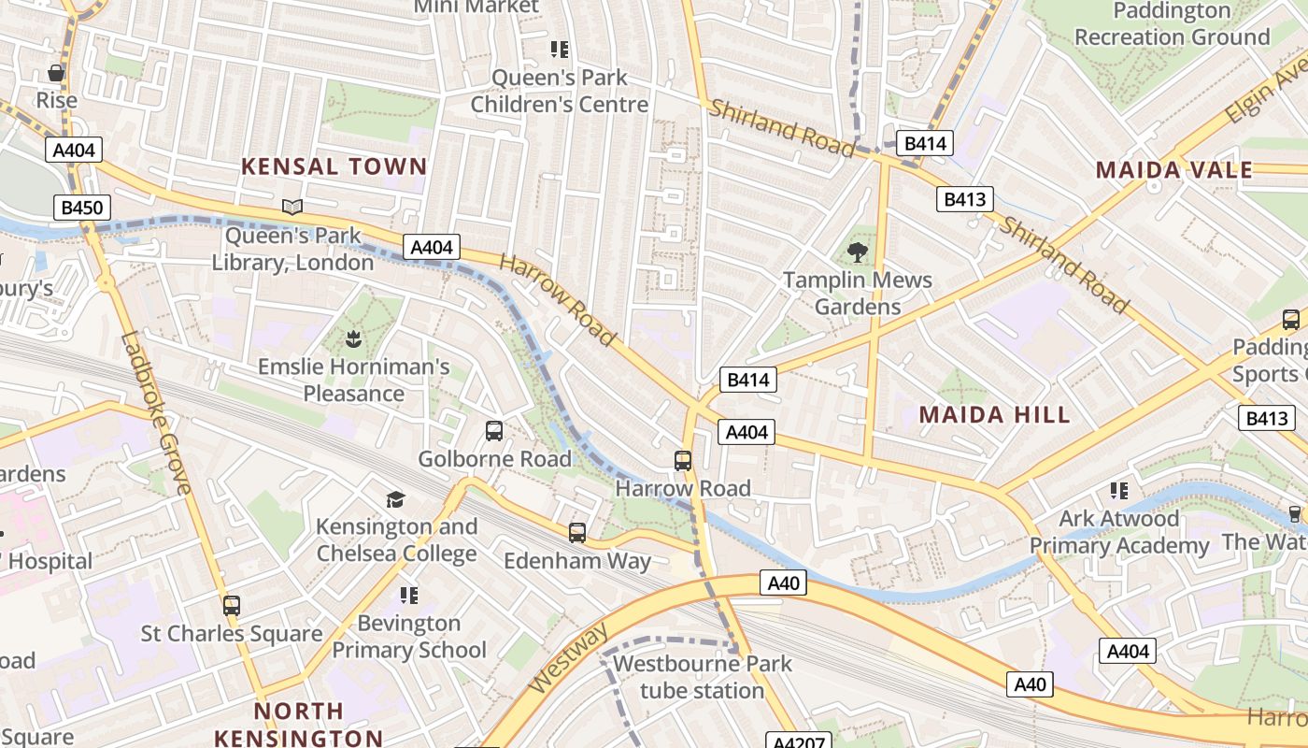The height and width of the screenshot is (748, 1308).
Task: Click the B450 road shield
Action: pyautogui.click(x=81, y=208)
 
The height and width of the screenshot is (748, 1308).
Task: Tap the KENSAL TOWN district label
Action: pyautogui.click(x=334, y=167)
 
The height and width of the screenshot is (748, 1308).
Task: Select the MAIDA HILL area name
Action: pyautogui.click(x=994, y=415)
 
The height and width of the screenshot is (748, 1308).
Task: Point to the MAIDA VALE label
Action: pyautogui.click(x=1173, y=170)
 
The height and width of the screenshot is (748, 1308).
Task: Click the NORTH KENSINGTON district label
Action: pyautogui.click(x=299, y=725)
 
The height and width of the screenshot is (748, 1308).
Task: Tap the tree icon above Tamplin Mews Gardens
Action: pyautogui.click(x=857, y=252)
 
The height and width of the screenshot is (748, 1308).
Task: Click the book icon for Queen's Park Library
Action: pyautogui.click(x=292, y=207)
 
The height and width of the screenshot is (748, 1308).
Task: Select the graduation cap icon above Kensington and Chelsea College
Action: pyautogui.click(x=396, y=499)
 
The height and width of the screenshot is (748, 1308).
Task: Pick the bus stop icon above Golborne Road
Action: pyautogui.click(x=494, y=431)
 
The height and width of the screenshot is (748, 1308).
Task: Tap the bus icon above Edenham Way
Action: pyautogui.click(x=577, y=533)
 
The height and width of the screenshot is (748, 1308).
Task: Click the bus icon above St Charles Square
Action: pyautogui.click(x=232, y=605)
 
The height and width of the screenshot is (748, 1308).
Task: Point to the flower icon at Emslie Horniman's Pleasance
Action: pyautogui.click(x=353, y=337)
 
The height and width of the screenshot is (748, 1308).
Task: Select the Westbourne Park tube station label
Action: pyautogui.click(x=702, y=678)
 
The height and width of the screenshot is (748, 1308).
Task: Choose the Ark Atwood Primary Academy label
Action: pyautogui.click(x=1119, y=532)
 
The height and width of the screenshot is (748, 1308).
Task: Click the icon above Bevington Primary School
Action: pyautogui.click(x=408, y=596)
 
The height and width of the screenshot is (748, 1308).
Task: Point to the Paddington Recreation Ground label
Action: pyautogui.click(x=1172, y=24)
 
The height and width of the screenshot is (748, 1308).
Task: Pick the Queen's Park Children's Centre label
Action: pyautogui.click(x=559, y=91)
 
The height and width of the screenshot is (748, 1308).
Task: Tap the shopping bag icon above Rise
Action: pyautogui.click(x=56, y=73)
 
